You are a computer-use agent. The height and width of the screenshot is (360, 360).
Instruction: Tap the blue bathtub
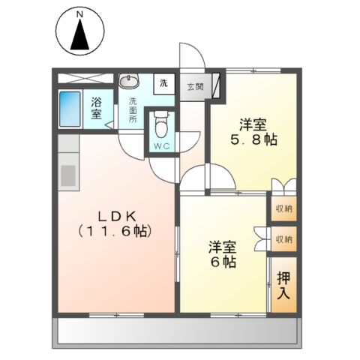tap(72, 108)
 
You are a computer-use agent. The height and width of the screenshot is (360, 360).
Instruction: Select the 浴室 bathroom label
tap(97, 108)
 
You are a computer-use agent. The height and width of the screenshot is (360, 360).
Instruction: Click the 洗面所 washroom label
tap(133, 110)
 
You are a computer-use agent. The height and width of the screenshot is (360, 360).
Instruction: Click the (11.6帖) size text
tap(115, 232)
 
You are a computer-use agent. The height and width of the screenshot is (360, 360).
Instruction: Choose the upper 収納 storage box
tap(283, 208)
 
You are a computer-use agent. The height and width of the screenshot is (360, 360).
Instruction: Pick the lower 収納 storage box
tap(283, 239)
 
